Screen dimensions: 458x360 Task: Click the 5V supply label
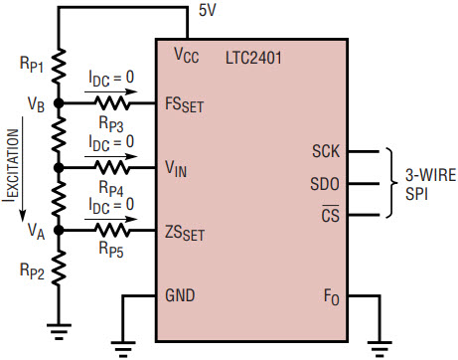point(207,10)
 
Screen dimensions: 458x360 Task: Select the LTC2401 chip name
point(253,58)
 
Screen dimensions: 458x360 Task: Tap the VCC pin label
point(187,55)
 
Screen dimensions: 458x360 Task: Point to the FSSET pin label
point(184,105)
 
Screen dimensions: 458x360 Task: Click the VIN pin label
point(176,169)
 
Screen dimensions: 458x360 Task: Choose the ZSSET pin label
point(185,233)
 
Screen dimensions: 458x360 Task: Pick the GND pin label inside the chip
point(180,295)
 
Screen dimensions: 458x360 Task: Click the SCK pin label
point(326,151)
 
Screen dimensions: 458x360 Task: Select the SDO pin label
point(325,184)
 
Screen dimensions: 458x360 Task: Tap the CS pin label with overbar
point(331,214)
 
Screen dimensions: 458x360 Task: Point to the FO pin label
point(332,297)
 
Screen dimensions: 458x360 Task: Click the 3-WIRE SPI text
point(431,184)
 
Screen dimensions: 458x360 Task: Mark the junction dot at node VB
point(59,103)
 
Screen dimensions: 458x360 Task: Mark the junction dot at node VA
point(59,230)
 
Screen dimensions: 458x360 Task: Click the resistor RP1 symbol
point(59,66)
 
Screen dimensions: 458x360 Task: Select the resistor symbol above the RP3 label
point(112,103)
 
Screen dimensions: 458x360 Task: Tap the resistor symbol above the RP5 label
point(112,230)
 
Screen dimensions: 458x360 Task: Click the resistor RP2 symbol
point(59,268)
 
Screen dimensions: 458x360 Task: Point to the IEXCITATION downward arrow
point(23,169)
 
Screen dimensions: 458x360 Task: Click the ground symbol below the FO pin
point(380,349)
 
